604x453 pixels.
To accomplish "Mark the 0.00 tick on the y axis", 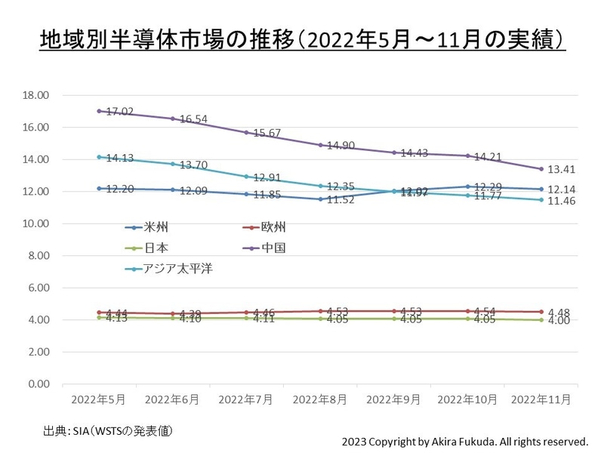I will tap(36, 384).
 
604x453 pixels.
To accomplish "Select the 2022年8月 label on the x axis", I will tap(320, 398).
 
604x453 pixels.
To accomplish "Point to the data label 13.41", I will tap(562, 168).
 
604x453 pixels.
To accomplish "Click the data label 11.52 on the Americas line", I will tap(341, 200).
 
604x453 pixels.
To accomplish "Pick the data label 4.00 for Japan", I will tap(559, 321).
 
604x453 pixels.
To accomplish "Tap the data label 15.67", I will tap(267, 133).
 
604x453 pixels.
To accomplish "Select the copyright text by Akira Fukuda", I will tap(464, 440).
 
